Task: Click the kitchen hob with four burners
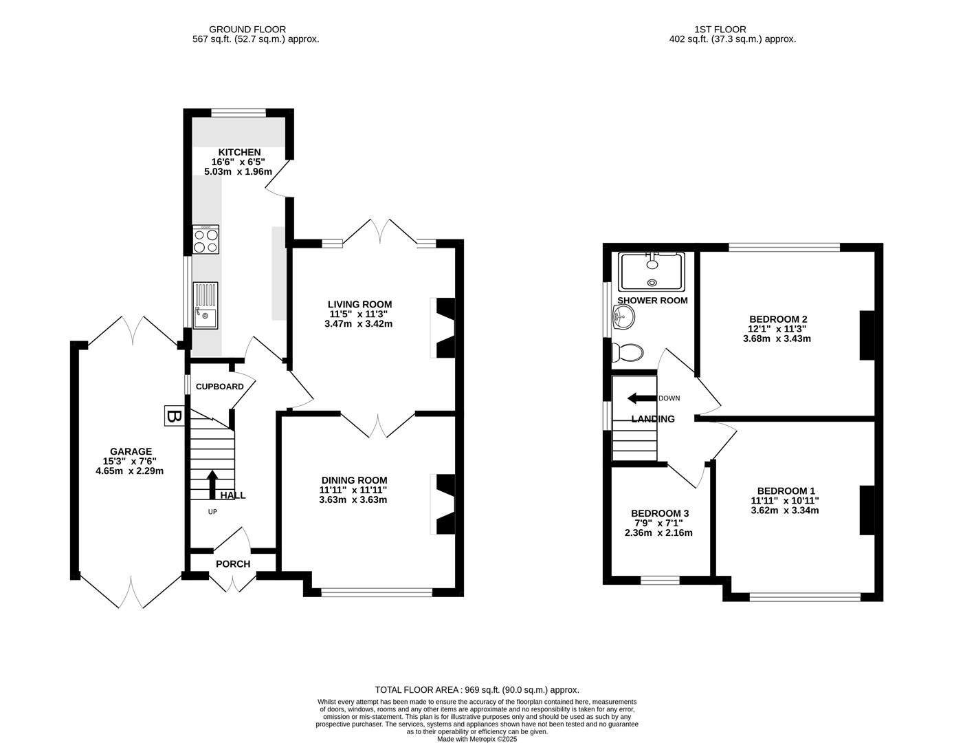coord(206,240)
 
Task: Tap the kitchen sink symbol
coord(206,305)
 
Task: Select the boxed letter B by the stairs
coord(175,416)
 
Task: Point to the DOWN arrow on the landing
coord(641,398)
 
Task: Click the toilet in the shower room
coord(629,353)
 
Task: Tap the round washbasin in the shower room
coord(624,317)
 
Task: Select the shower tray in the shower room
coord(651,271)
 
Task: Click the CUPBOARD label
coord(219,387)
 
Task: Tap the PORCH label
coord(233,564)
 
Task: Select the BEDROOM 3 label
coord(660,513)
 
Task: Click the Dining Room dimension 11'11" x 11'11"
coord(353,490)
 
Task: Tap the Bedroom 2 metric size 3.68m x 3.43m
coord(777,338)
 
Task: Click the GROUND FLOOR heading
coord(247,29)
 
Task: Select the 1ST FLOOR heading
coord(720,29)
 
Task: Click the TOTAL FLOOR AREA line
coord(476,689)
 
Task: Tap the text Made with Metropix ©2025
coord(476,739)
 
